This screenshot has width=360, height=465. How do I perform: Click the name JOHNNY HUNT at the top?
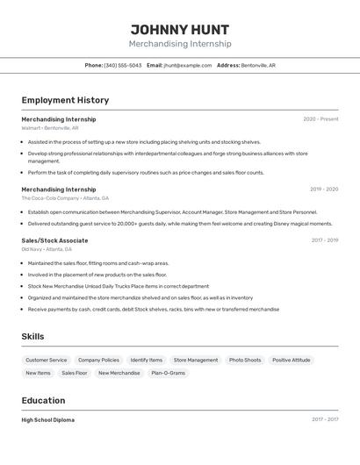(180, 29)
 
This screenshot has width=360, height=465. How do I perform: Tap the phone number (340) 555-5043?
(123, 65)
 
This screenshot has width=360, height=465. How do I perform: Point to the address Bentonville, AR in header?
(258, 65)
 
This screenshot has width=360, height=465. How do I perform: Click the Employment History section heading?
(65, 100)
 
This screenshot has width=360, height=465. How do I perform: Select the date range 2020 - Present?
(320, 119)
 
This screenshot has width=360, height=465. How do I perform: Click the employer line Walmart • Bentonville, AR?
(50, 128)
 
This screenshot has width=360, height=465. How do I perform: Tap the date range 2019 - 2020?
(324, 189)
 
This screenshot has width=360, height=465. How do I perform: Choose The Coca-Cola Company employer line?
(65, 198)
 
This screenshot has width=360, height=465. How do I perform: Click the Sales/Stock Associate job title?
(54, 240)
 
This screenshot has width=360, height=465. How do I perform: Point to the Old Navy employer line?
(47, 249)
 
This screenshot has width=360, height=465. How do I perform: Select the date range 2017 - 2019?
(324, 240)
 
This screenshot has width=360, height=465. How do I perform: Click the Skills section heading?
(32, 336)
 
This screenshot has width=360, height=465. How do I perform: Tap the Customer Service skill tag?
(46, 360)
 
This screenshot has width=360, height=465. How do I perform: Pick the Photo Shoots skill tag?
(245, 360)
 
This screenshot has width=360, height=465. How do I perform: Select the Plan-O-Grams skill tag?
(168, 373)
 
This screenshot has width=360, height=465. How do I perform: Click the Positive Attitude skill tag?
(291, 360)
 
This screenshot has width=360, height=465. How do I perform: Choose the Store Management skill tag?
(196, 360)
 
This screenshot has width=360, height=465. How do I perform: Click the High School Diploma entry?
(48, 420)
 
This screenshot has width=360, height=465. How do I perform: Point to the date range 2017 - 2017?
(324, 420)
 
